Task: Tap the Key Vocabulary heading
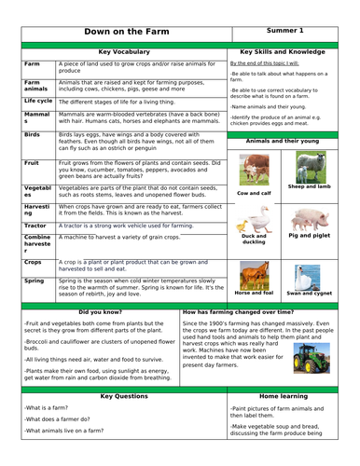[123, 52]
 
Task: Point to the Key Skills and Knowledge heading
[283, 52]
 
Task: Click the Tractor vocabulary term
[35, 226]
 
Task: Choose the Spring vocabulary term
[34, 281]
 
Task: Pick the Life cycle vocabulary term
[38, 100]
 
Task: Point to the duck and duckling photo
[253, 220]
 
